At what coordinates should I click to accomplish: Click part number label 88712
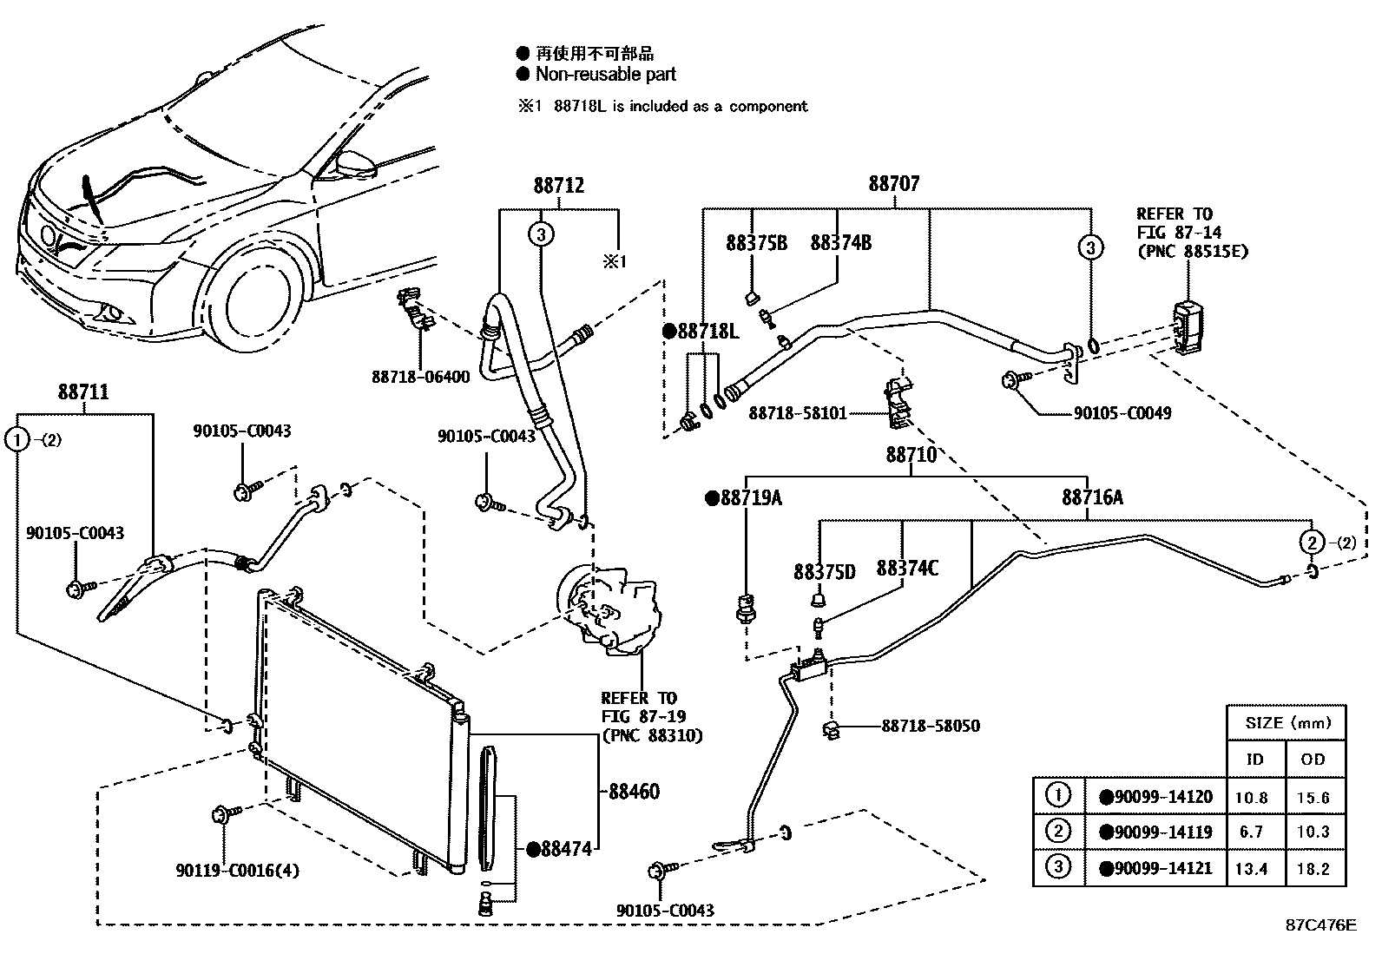point(558,186)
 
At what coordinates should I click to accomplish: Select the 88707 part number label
point(894,184)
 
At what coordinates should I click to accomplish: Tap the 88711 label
point(83,392)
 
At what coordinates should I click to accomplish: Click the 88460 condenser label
point(634,792)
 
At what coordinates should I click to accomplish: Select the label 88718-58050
point(931,725)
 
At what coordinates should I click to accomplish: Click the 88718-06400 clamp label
point(420,377)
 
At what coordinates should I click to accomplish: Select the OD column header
point(1313,760)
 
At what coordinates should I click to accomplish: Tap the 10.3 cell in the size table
point(1313,832)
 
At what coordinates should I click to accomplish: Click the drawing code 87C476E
point(1320,924)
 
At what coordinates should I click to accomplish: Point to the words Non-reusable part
point(605,75)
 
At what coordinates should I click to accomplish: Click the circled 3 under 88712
point(540,234)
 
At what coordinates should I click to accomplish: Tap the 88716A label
point(1091,497)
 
